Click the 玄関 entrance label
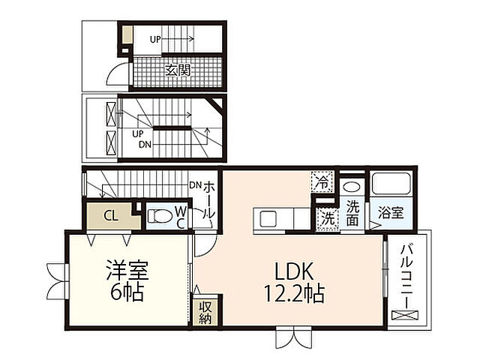click(x=178, y=71)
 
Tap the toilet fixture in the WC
click(x=160, y=217)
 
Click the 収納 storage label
click(x=205, y=313)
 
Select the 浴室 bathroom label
click(x=391, y=213)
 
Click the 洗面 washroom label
click(x=352, y=213)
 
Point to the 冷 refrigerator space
click(x=321, y=181)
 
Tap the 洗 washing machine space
click(x=327, y=218)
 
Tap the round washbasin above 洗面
click(x=351, y=187)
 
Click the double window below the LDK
click(x=292, y=337)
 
